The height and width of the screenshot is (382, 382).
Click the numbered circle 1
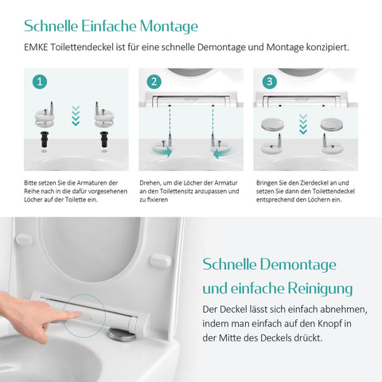coord(40,81)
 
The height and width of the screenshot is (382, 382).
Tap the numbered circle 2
coord(154,81)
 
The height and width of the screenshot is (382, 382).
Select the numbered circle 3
coord(270,81)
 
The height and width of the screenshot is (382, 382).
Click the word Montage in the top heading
coord(169,26)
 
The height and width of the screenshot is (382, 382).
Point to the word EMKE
coord(36,47)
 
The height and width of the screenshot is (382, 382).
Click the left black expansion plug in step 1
coord(45,138)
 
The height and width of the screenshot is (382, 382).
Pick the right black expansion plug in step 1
coord(104,138)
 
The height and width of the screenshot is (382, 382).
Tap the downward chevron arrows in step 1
coord(76,116)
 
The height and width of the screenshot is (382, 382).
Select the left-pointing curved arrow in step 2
coord(224,154)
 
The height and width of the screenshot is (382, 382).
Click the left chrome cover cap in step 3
coord(272,124)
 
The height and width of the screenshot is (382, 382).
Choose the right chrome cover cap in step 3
coord(332,124)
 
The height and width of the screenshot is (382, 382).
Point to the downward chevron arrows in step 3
coord(303,124)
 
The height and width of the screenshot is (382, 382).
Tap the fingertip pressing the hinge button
coord(77,314)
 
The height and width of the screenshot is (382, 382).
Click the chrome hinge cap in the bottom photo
coord(123,334)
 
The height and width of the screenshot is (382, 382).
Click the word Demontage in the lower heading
coord(298,265)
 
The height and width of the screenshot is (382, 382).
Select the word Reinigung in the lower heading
coord(321,289)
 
